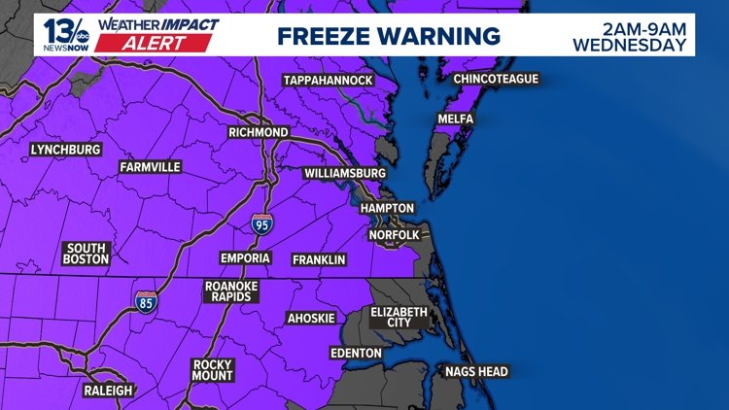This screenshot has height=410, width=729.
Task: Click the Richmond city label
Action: point(259,132)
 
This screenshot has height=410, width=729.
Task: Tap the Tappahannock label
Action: point(329,80)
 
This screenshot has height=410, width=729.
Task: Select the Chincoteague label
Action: point(496,79)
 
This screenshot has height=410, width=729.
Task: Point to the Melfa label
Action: point(456,119)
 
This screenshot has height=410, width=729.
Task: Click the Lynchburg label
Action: point(66,150)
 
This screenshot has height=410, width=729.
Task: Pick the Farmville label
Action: point(151,167)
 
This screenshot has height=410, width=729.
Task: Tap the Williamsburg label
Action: point(345,173)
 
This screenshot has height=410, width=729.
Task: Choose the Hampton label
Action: point(387,208)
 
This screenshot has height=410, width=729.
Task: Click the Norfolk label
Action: point(395,235)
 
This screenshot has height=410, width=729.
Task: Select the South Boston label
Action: point(86,254)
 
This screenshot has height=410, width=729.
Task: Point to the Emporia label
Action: point(245,258)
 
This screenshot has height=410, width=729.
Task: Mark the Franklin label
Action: point(319,259)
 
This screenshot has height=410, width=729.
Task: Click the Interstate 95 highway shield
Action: point(261,223)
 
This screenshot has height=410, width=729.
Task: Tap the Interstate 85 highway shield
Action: point(146,301)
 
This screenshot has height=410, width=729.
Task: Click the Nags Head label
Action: point(476,371)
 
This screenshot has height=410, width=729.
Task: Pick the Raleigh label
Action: point(108,391)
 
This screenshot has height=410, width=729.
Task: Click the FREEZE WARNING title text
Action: point(389,36)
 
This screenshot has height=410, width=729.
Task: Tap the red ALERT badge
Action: point(166,44)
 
